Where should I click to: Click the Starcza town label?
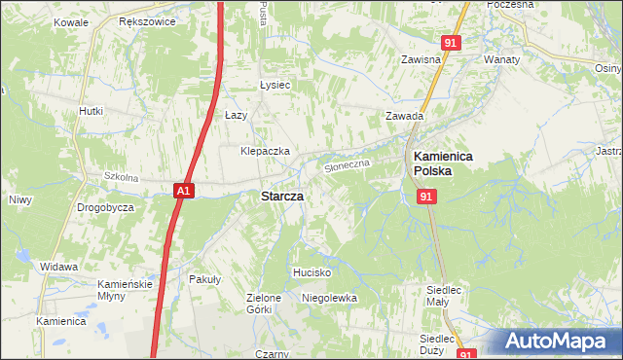tap(281, 196)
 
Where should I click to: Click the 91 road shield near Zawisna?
tap(450, 44)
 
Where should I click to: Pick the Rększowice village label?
tap(144, 20)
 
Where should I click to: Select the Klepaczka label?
tap(266, 152)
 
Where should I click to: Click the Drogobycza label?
tap(106, 208)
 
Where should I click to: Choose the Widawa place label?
tap(59, 266)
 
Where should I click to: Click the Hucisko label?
tap(312, 272)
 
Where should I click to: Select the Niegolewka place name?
tap(330, 298)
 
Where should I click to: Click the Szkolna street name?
tap(122, 178)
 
